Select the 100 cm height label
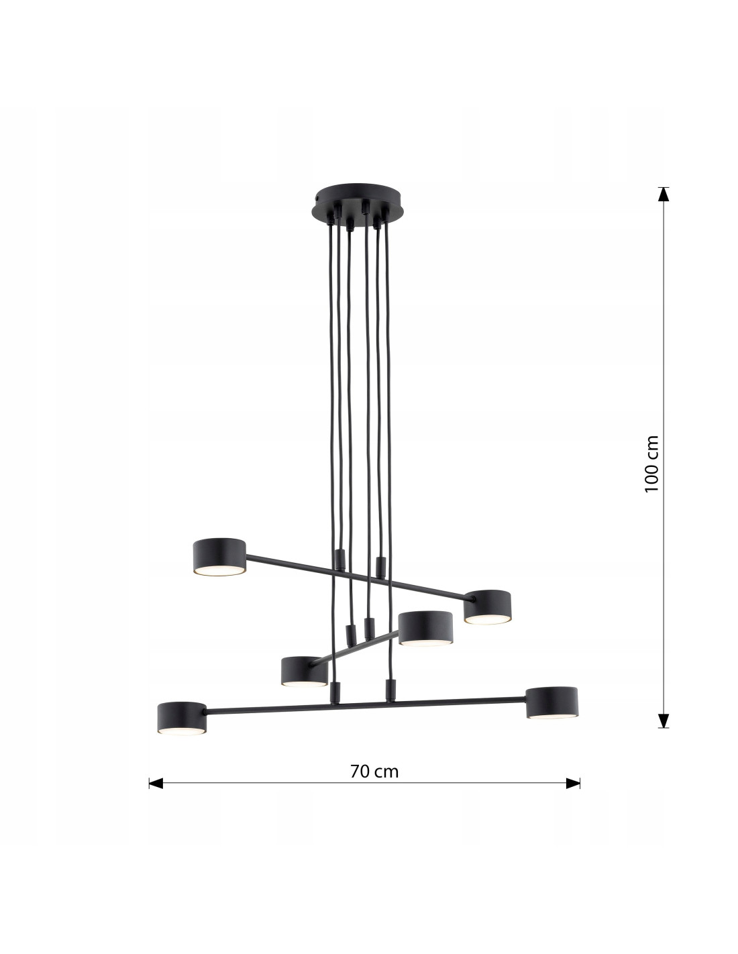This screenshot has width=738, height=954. pyautogui.click(x=652, y=464)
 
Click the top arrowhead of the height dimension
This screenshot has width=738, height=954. pyautogui.click(x=664, y=194)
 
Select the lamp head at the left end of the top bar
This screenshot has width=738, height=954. pyautogui.click(x=219, y=557)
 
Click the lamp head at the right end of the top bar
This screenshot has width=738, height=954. pyautogui.click(x=487, y=606)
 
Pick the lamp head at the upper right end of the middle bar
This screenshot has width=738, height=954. pyautogui.click(x=425, y=628)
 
